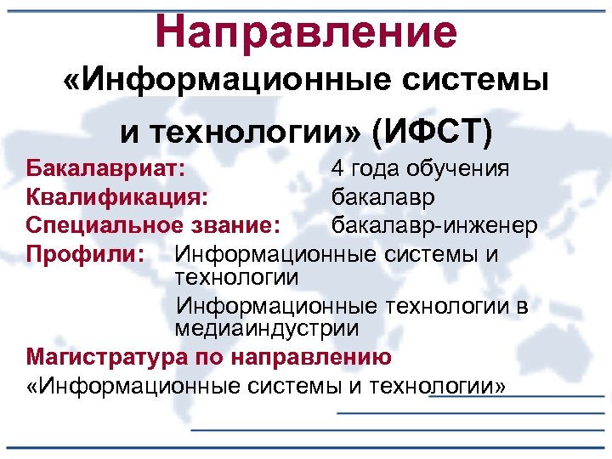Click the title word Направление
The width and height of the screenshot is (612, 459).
click(x=306, y=31)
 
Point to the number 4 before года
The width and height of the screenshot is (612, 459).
click(x=338, y=169)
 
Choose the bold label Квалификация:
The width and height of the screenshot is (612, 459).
click(x=116, y=197)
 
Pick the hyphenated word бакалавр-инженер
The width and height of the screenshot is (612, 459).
click(x=433, y=225)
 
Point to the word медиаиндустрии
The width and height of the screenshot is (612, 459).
click(x=267, y=327)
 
